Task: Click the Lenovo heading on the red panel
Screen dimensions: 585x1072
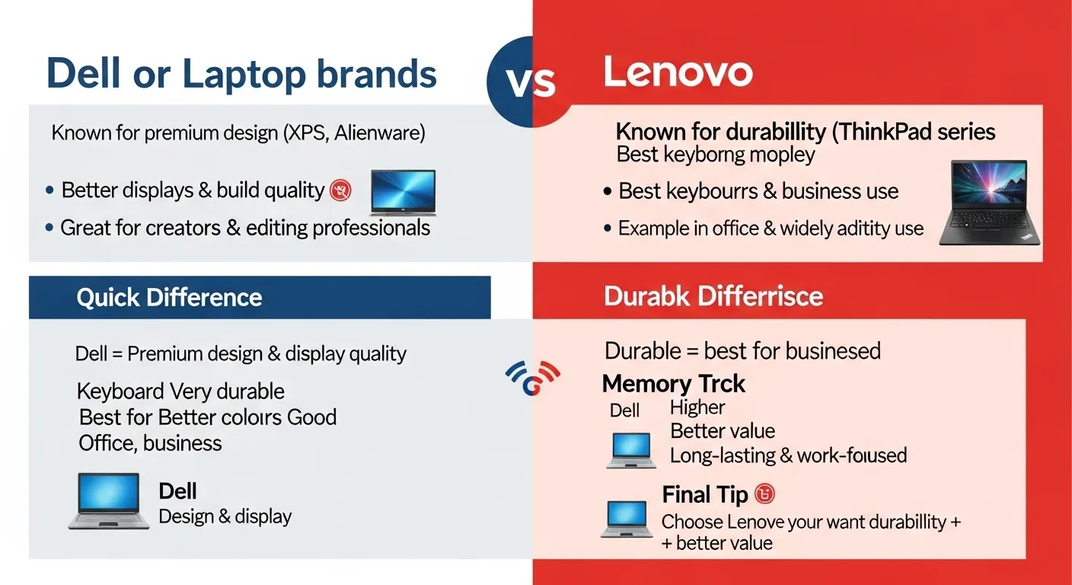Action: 678,73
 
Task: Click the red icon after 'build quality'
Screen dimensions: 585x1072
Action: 340,190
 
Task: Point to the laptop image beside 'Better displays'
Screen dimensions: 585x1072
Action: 403,193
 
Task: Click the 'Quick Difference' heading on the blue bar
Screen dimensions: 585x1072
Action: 169,297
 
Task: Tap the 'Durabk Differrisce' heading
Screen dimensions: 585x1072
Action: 713,296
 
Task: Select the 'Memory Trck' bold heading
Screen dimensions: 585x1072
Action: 673,383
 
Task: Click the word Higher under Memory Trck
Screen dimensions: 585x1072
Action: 697,408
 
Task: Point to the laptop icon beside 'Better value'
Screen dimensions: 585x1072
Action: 631,449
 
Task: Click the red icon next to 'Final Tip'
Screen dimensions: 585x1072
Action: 764,494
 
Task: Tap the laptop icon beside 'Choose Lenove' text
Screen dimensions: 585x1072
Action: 627,519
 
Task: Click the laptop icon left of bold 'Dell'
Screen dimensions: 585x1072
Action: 109,500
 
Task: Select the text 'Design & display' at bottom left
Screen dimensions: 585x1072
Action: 225,516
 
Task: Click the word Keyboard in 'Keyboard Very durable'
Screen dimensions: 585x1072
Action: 120,392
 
